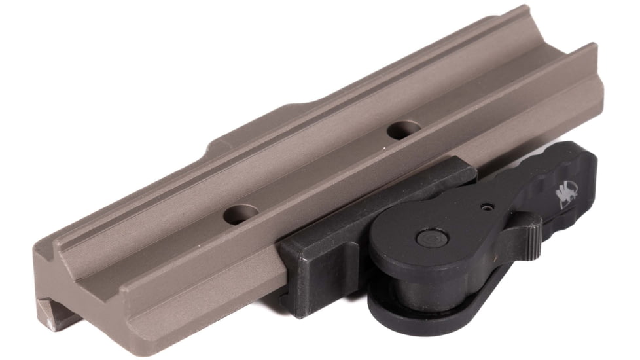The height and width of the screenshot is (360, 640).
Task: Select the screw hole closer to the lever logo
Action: click(x=400, y=131)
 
